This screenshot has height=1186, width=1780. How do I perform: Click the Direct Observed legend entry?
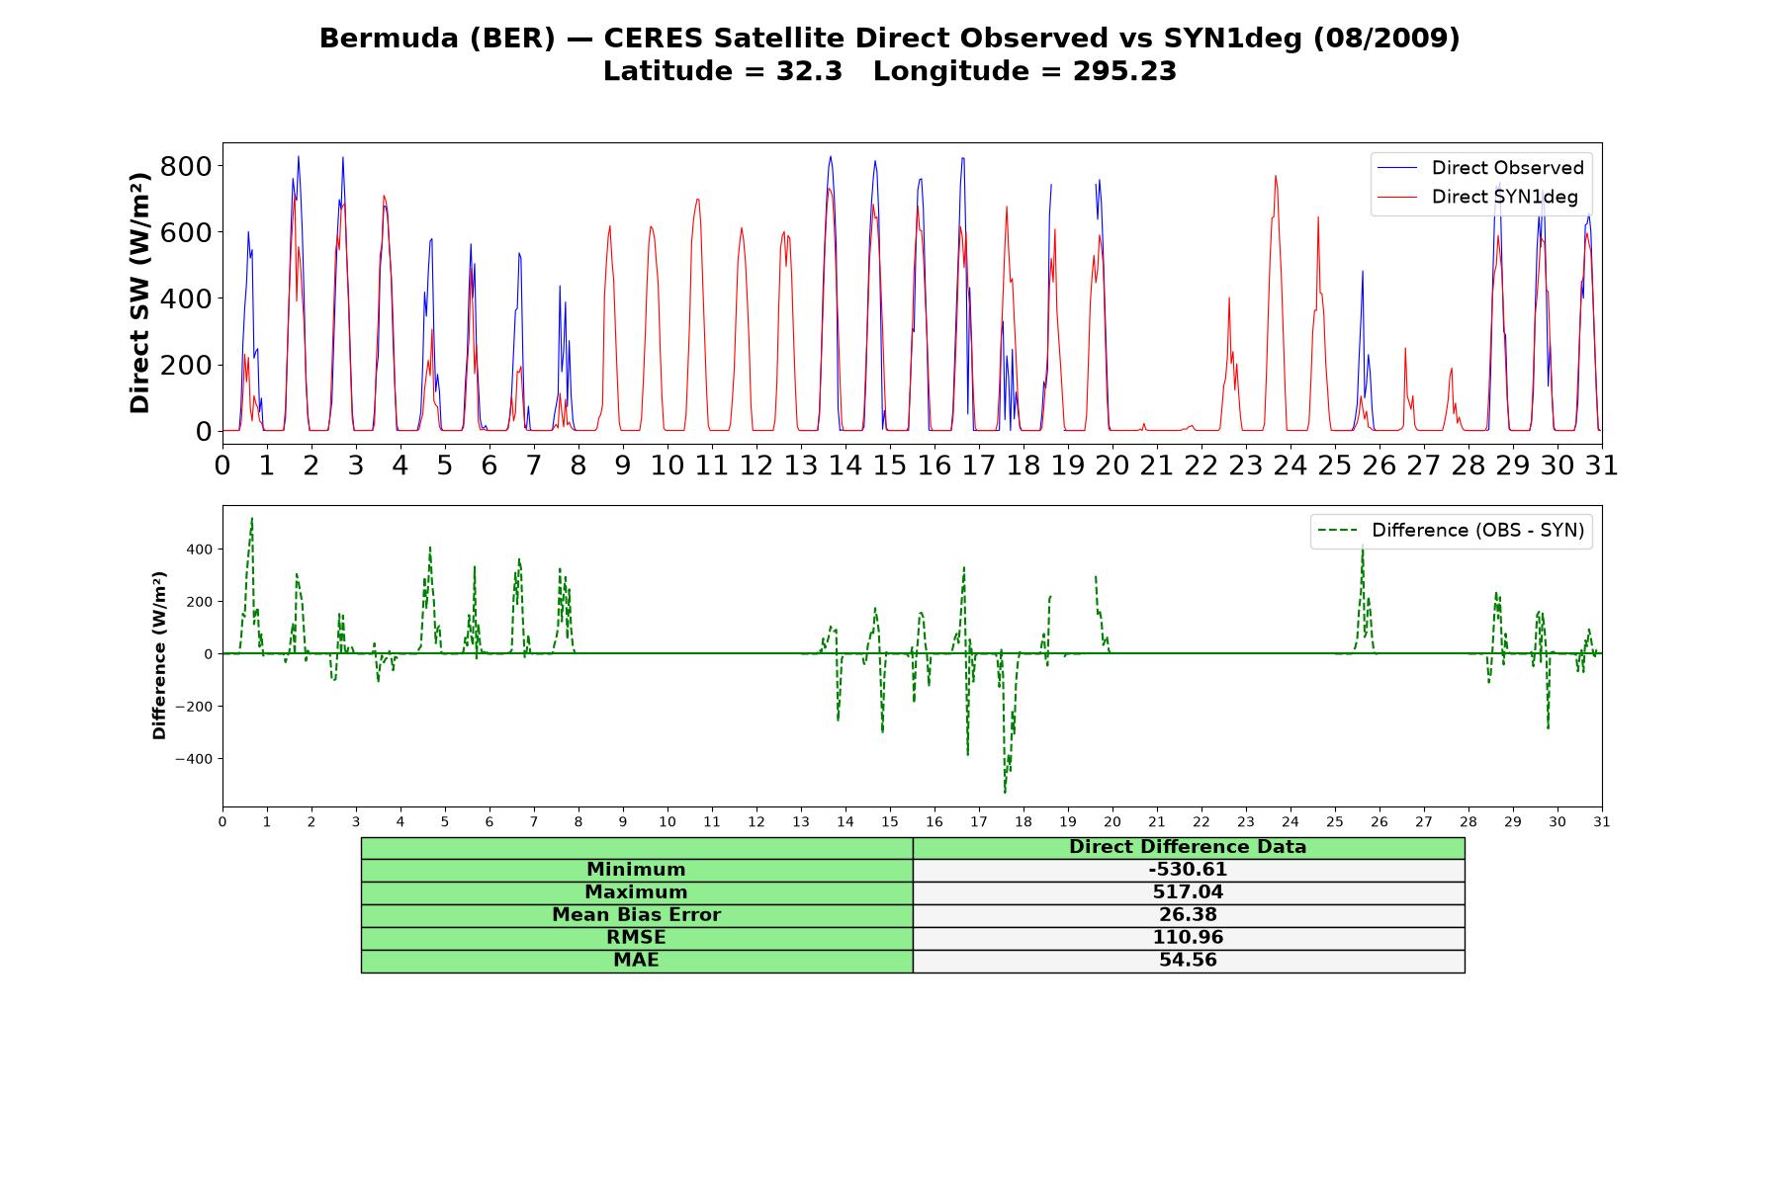pyautogui.click(x=1480, y=168)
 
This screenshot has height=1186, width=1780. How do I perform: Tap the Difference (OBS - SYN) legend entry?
pyautogui.click(x=1452, y=531)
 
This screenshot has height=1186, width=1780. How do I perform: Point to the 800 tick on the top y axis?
pyautogui.click(x=186, y=166)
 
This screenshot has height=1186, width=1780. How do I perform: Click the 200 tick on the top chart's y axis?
pyautogui.click(x=186, y=365)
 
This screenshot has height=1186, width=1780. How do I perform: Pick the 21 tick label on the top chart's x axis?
pyautogui.click(x=1156, y=466)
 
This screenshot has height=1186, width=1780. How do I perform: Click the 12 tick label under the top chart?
pyautogui.click(x=756, y=466)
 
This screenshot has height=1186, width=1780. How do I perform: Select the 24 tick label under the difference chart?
pyautogui.click(x=1290, y=821)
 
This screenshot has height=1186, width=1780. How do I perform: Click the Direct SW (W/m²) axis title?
pyautogui.click(x=139, y=293)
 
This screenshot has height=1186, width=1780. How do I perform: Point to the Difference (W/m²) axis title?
pyautogui.click(x=159, y=655)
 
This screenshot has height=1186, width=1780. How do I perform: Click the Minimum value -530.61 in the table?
pyautogui.click(x=1188, y=870)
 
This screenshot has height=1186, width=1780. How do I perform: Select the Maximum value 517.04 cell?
pyautogui.click(x=1188, y=892)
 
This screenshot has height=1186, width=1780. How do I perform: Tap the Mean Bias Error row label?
pyautogui.click(x=636, y=915)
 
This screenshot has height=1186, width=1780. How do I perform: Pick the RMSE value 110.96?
pyautogui.click(x=1188, y=938)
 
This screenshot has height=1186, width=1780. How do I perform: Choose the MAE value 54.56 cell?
pyautogui.click(x=1188, y=961)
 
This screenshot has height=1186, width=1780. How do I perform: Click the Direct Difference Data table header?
pyautogui.click(x=1188, y=847)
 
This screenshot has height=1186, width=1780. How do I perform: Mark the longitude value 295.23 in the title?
pyautogui.click(x=1124, y=71)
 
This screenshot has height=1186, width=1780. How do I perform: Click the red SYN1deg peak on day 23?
pyautogui.click(x=1276, y=177)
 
